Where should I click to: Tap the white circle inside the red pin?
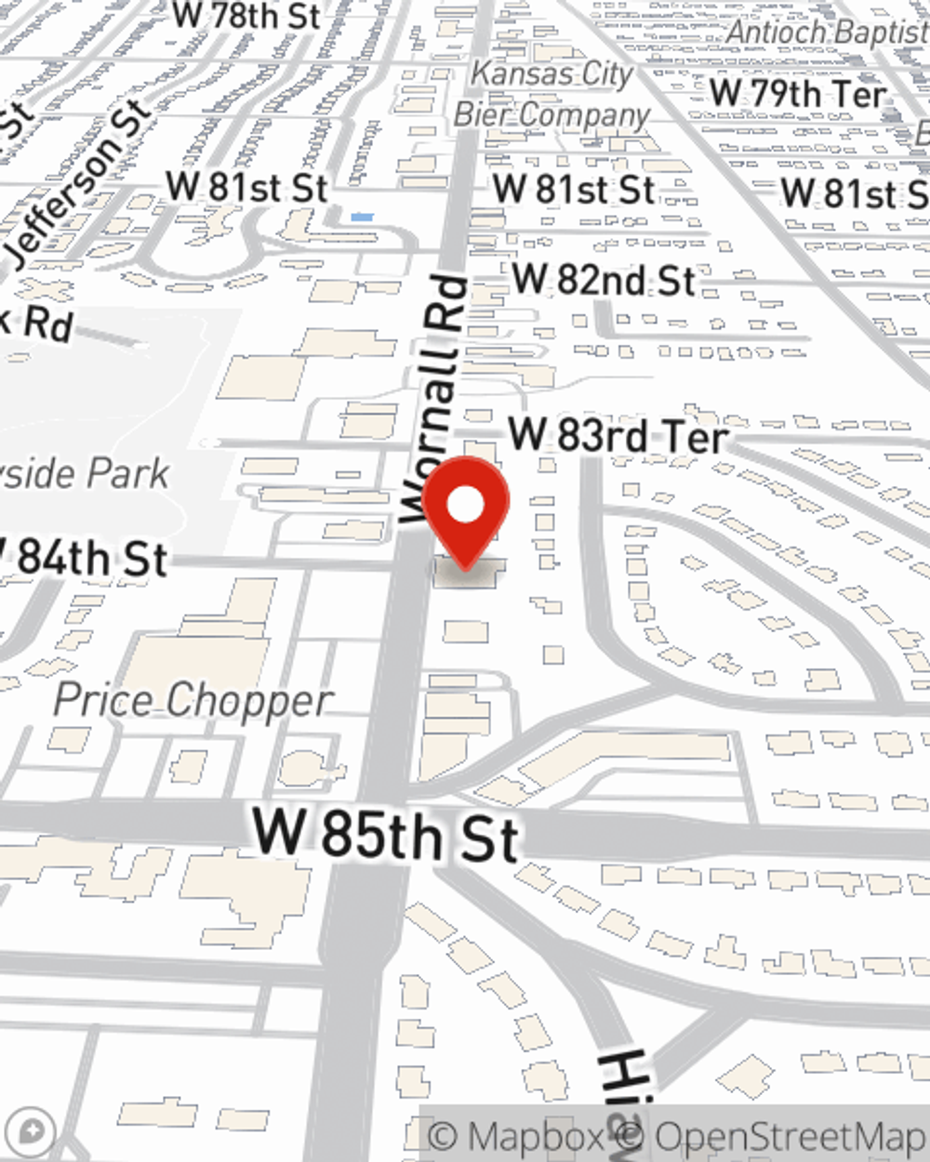coord(465,506)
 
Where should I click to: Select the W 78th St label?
coord(246,16)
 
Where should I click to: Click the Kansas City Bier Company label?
coord(552,94)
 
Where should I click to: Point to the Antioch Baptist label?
coord(826,32)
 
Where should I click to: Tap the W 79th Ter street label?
coord(798,94)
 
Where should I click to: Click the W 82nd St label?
coord(604,280)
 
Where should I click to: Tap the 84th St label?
coord(88,559)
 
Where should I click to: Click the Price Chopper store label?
coord(193,700)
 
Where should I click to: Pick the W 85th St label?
coord(386,833)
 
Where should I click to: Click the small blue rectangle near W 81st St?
coord(362,218)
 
